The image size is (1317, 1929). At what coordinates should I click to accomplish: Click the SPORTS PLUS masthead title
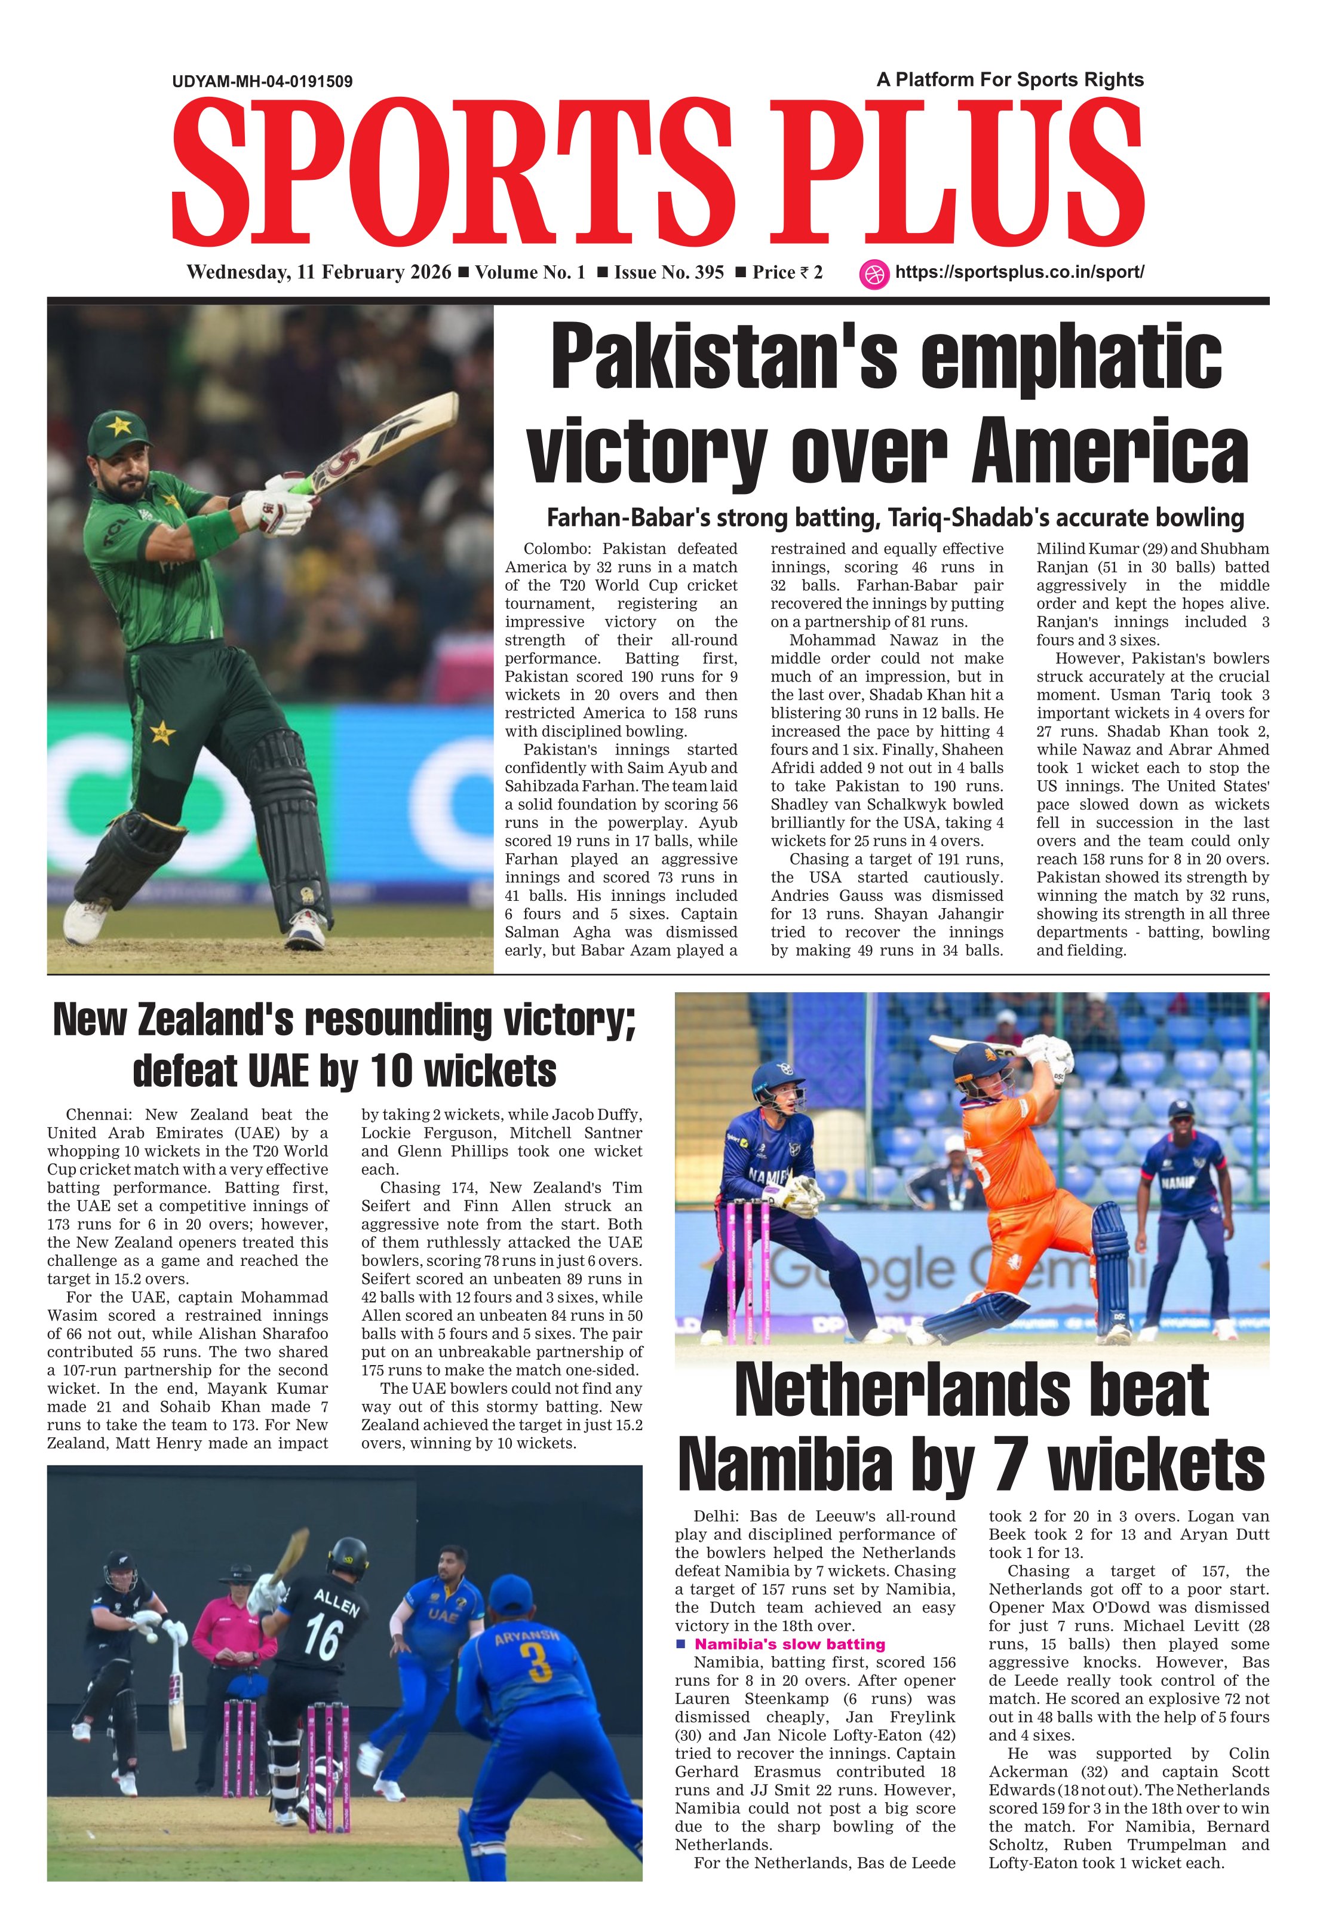[658, 173]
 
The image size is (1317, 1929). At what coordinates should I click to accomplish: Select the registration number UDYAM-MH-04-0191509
[262, 81]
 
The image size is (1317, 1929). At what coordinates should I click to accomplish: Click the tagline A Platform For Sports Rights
[1010, 79]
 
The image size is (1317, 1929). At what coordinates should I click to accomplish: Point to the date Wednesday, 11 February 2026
[319, 273]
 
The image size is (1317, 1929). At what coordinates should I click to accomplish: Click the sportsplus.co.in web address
[1020, 272]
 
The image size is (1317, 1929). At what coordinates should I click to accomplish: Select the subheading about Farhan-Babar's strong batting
[895, 518]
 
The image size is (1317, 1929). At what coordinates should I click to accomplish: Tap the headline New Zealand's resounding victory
[345, 1020]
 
